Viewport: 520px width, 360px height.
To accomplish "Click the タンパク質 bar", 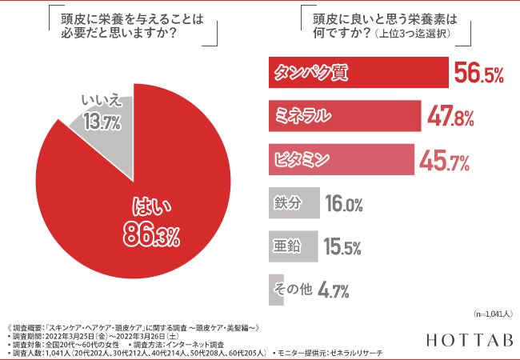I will point(357,74).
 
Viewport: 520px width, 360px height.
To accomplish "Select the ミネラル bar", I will point(344,115).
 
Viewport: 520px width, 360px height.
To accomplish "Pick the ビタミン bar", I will point(340,158).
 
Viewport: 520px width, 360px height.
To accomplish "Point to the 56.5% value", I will point(478,74).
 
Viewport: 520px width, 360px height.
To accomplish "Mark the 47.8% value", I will point(450,116).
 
